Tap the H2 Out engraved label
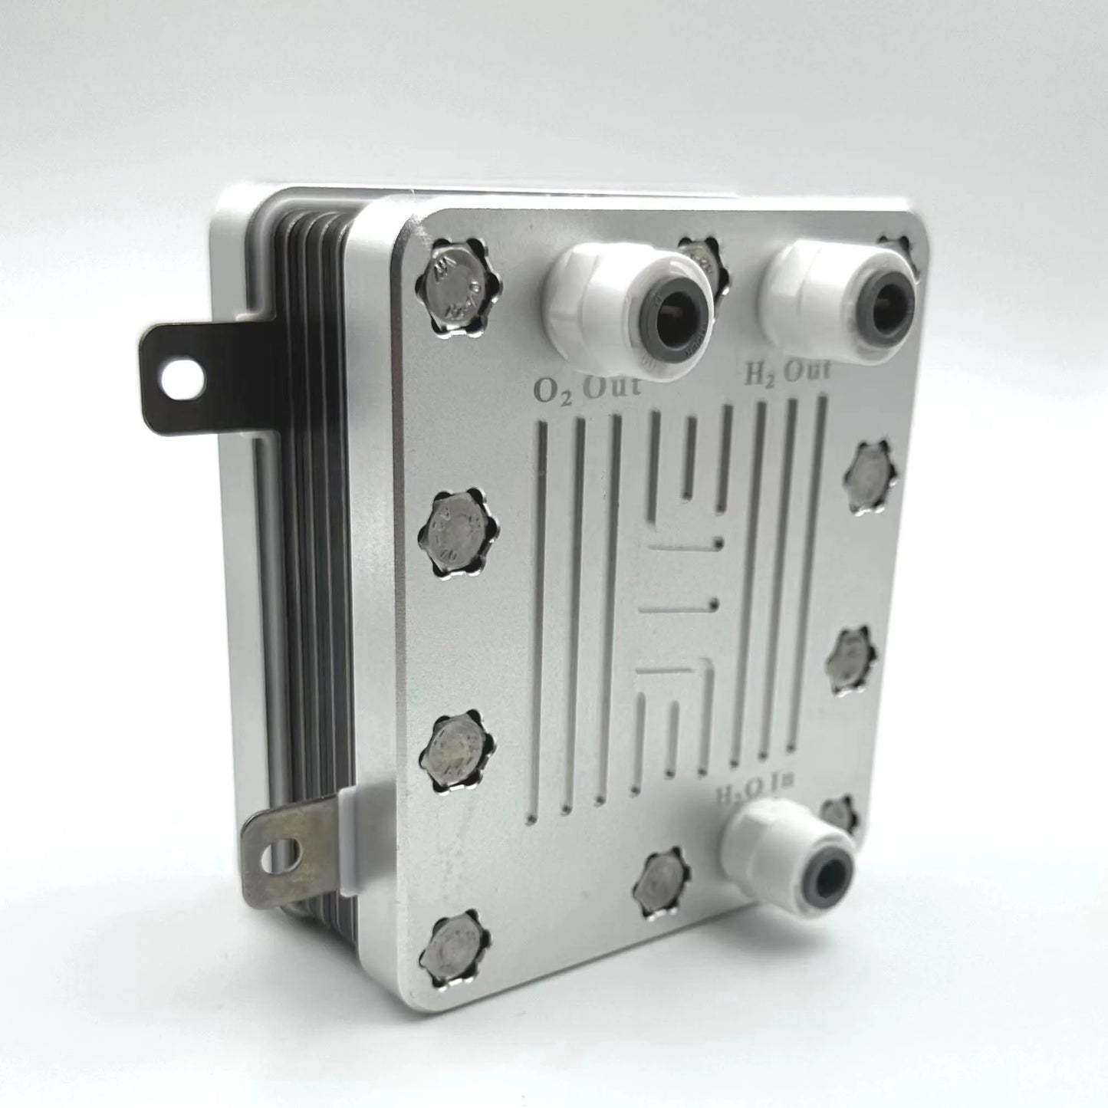point(787,373)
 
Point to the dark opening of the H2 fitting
point(879,297)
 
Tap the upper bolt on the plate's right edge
point(871,476)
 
